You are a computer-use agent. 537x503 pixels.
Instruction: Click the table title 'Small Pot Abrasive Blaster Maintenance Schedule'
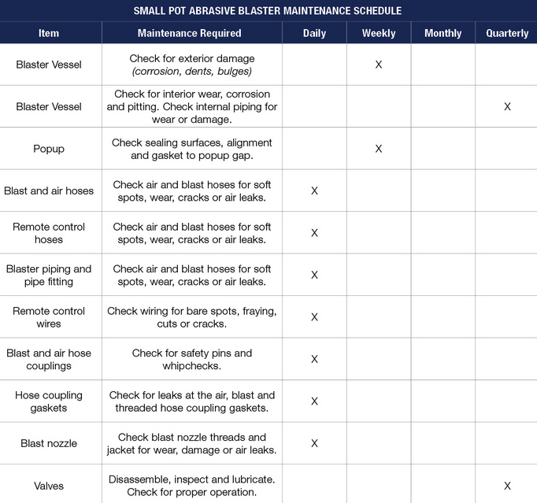pyautogui.click(x=268, y=11)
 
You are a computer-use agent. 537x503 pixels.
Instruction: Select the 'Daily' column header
pyautogui.click(x=314, y=33)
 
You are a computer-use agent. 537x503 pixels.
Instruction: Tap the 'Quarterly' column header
pyautogui.click(x=507, y=33)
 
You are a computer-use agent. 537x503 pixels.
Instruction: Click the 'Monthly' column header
pyautogui.click(x=443, y=33)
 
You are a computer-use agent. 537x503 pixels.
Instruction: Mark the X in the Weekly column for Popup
pyautogui.click(x=379, y=149)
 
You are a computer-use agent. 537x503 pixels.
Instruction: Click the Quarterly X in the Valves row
pyautogui.click(x=507, y=486)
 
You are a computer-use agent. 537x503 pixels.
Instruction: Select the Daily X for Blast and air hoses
pyautogui.click(x=314, y=191)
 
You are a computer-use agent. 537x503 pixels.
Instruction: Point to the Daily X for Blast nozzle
pyautogui.click(x=314, y=443)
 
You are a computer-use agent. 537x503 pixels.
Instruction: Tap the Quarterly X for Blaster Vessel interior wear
pyautogui.click(x=507, y=106)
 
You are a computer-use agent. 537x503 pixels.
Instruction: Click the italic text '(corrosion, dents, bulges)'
pyautogui.click(x=192, y=71)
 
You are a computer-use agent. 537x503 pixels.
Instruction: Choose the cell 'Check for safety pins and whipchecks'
pyautogui.click(x=192, y=360)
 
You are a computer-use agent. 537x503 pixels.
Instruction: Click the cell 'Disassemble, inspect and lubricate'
pyautogui.click(x=192, y=479)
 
